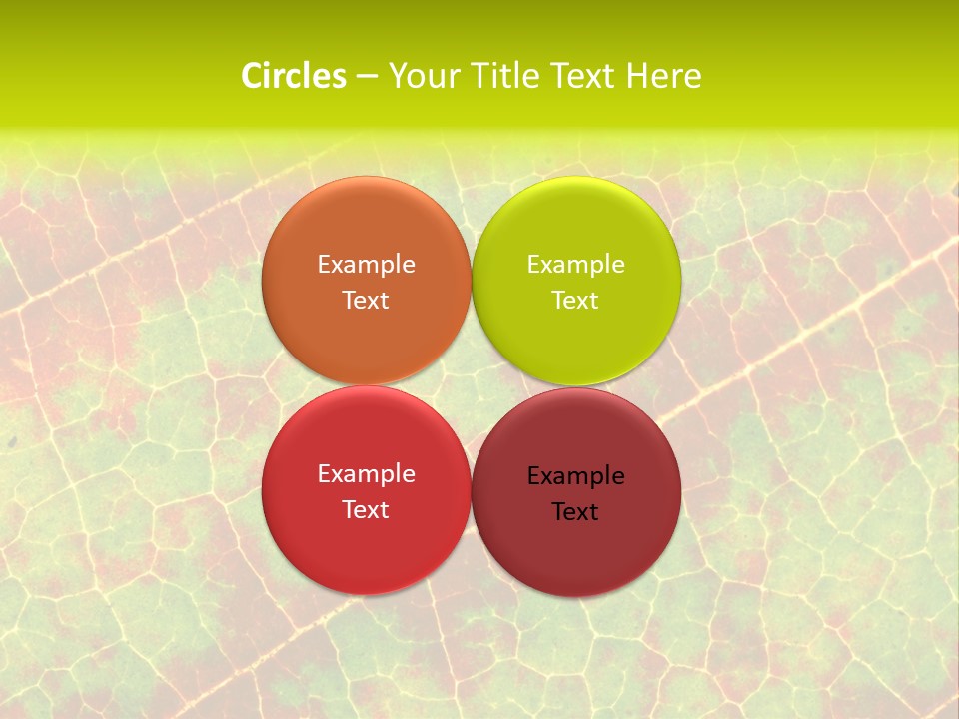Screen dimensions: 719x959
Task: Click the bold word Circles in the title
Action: click(x=293, y=76)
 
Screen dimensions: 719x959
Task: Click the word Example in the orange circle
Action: click(x=366, y=265)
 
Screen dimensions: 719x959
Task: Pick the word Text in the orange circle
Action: click(x=366, y=301)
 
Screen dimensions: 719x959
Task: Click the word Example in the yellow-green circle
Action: click(x=576, y=265)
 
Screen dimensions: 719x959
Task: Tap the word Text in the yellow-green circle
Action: click(x=576, y=301)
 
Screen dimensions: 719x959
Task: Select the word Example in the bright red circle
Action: click(x=366, y=474)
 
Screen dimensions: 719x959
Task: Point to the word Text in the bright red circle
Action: click(x=366, y=510)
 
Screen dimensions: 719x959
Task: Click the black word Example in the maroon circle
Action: click(x=576, y=476)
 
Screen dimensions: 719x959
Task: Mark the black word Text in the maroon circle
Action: click(x=576, y=512)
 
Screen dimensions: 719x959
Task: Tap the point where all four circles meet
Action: click(x=472, y=386)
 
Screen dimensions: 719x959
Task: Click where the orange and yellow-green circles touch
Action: click(x=472, y=281)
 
